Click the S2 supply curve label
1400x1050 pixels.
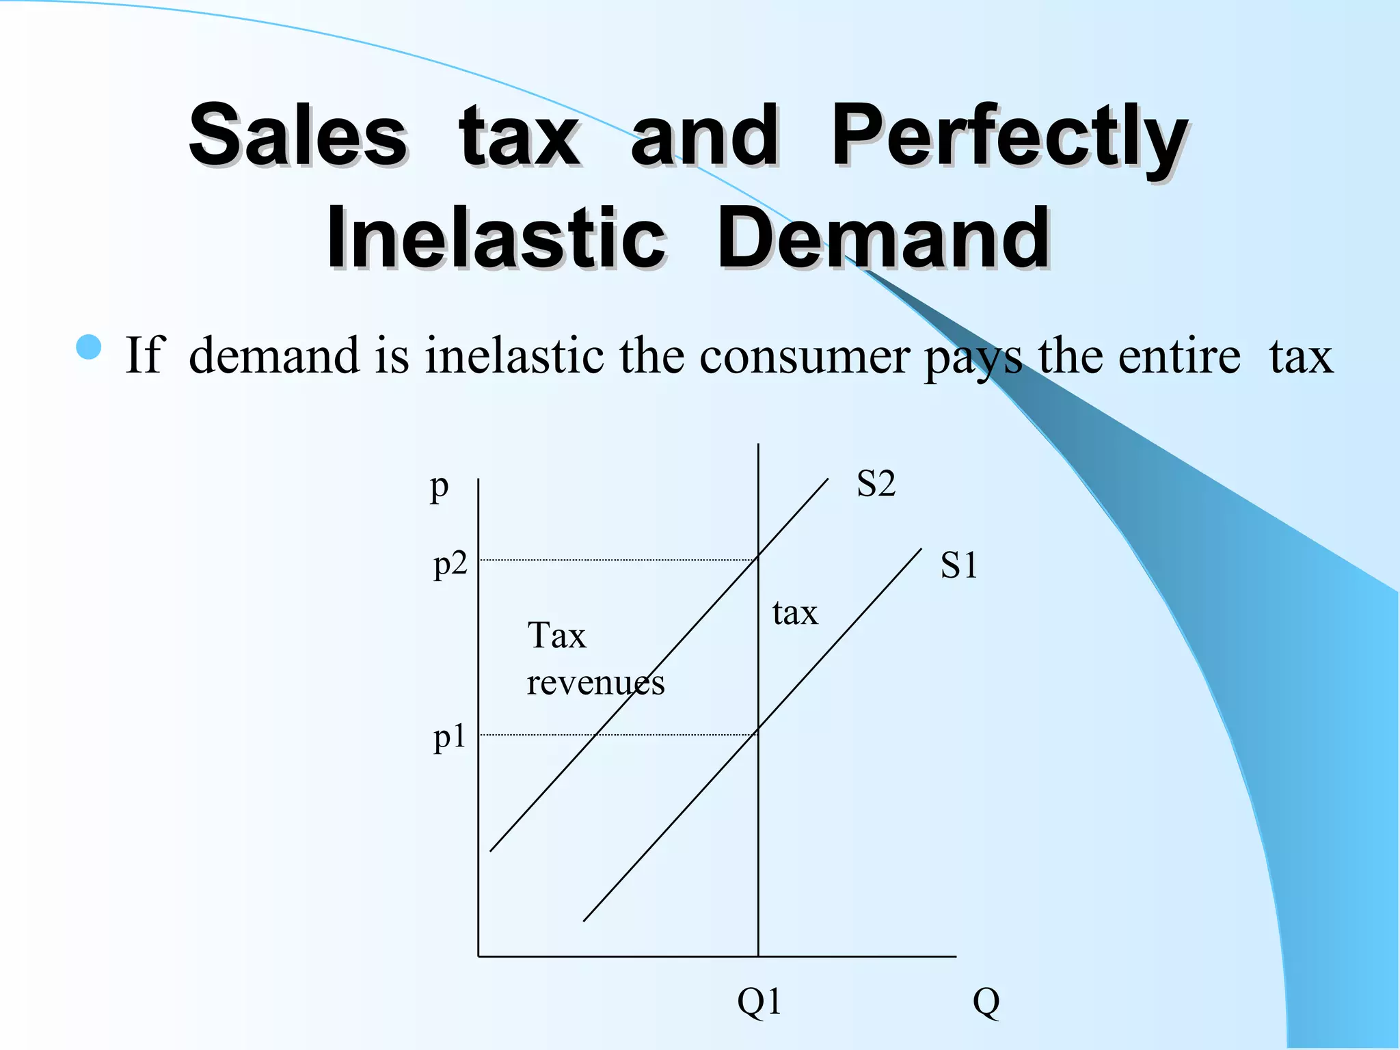876,484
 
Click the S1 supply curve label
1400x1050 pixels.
958,566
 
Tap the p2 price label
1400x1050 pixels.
450,565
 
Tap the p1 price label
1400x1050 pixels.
449,737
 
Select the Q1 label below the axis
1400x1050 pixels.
759,1002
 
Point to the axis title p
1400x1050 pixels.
439,487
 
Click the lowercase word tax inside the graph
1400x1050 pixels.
794,612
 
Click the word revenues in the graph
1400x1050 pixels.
595,682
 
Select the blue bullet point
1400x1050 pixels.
89,347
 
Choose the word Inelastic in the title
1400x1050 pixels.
496,238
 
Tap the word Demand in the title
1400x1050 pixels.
883,238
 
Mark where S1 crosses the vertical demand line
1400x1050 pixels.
758,733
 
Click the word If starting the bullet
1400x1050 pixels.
144,355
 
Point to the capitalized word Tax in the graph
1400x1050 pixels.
556,636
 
